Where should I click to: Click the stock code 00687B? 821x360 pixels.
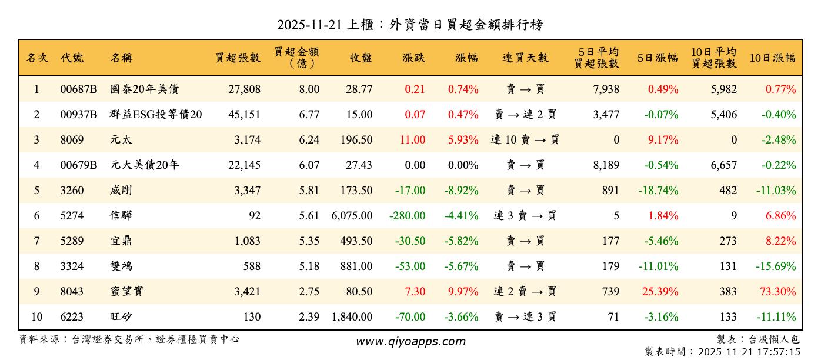[78, 89]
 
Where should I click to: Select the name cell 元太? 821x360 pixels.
[121, 140]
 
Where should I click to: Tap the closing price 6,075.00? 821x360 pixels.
[352, 216]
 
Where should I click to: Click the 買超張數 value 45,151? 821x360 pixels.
[244, 115]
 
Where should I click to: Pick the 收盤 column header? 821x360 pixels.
[361, 58]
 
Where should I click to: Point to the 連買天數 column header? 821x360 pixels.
[525, 58]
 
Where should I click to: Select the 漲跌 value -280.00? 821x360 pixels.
[407, 216]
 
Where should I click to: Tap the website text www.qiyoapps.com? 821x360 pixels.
[410, 341]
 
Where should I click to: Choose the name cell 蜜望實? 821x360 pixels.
[126, 292]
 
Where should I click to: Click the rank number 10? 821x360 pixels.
[36, 317]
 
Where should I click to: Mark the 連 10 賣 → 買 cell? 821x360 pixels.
[525, 140]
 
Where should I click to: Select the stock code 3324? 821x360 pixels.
[72, 266]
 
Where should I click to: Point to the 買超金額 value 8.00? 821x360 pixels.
[309, 89]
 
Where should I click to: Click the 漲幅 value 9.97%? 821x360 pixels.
[463, 292]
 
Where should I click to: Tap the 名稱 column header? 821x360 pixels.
[121, 58]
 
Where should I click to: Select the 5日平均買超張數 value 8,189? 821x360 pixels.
[607, 165]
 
